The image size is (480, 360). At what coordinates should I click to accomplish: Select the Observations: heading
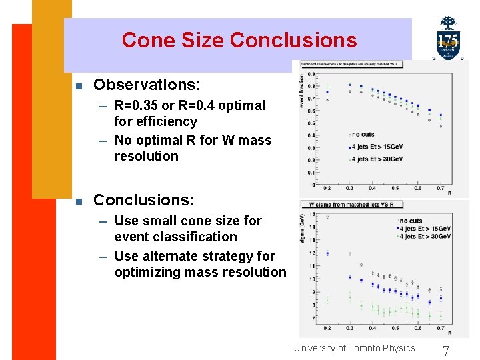click(x=146, y=85)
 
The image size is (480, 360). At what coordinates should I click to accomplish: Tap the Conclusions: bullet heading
click(x=143, y=200)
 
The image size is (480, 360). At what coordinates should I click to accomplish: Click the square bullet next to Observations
click(x=79, y=86)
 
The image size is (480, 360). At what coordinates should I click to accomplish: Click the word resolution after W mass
click(x=147, y=156)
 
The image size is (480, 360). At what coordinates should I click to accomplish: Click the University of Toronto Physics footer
click(x=354, y=347)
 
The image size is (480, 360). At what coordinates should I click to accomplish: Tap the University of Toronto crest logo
click(x=448, y=39)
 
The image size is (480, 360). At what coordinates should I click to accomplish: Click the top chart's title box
click(x=349, y=65)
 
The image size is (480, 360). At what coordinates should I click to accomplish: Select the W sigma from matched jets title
click(x=351, y=205)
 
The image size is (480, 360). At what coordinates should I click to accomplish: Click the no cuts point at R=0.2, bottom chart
click(x=327, y=217)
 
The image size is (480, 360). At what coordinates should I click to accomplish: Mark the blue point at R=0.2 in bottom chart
click(x=327, y=253)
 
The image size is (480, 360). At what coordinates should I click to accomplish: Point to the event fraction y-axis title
click(x=302, y=91)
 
